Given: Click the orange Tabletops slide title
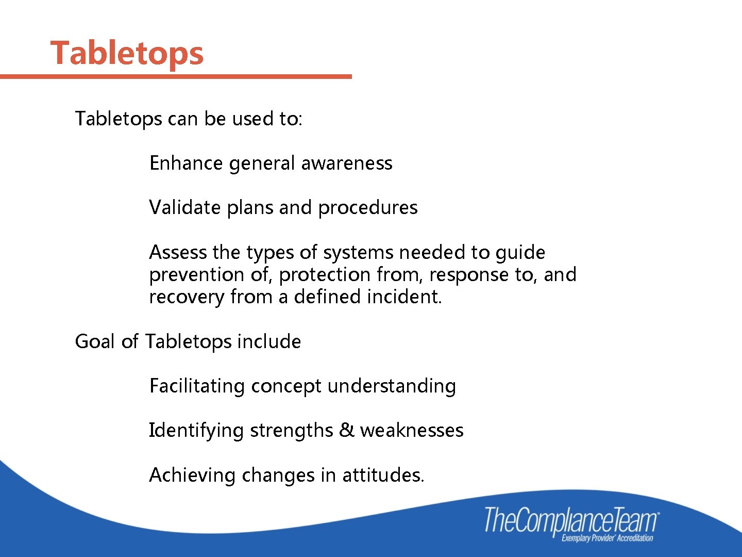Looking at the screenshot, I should point(127,53).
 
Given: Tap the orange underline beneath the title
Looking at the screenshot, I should point(175,76).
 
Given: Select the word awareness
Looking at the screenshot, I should point(346,163).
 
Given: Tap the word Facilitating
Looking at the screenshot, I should point(196,386).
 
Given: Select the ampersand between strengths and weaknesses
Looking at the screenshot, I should point(346,430).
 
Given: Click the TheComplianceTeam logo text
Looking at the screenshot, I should point(571,520).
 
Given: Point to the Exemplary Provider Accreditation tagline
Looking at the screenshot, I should point(607,538).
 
